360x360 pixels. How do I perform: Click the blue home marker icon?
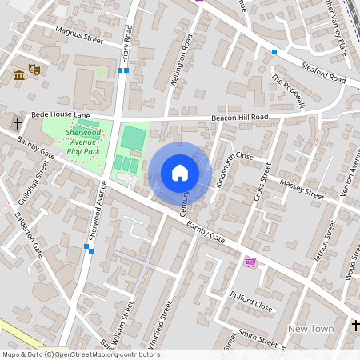point(180,173)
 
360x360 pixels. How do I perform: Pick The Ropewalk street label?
point(289,90)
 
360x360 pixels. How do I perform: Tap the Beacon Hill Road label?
point(239,118)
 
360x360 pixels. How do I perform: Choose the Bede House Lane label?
point(61,115)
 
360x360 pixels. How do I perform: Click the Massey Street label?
point(302,190)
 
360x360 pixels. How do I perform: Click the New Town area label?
point(310,329)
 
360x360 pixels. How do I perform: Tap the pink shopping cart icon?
point(250,262)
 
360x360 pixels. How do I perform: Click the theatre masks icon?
point(34,70)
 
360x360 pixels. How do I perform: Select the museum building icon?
point(18,75)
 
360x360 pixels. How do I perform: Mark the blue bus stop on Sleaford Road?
point(274,52)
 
